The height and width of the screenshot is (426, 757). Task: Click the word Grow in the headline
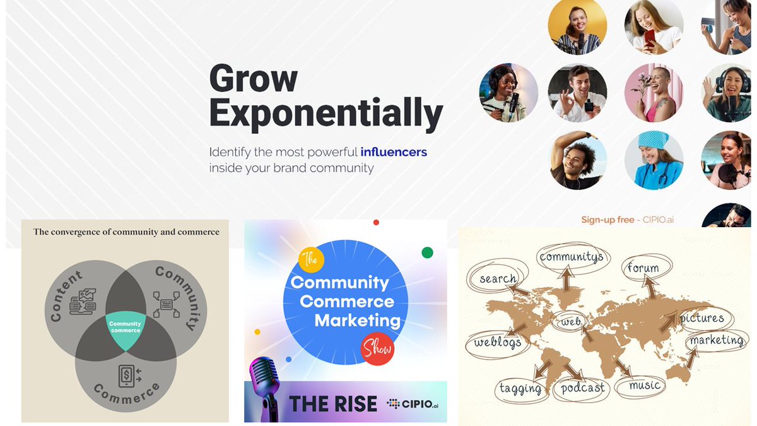coord(253,79)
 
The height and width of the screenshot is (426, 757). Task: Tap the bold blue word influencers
coord(394,152)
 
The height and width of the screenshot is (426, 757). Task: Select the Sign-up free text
coord(607,220)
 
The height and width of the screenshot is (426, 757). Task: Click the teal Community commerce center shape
coord(125,329)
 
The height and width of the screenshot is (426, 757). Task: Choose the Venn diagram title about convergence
coord(126,232)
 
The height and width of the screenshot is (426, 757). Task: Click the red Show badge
coord(377,348)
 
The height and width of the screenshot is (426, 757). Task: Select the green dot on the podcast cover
coord(427,253)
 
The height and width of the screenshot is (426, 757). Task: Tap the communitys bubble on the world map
coord(571,257)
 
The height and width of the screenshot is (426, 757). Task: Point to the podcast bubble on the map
coord(582,388)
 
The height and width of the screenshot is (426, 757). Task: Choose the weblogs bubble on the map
coord(498,343)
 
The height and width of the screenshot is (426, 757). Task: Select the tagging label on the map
coord(520,388)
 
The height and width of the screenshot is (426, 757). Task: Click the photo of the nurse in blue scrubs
coord(654,161)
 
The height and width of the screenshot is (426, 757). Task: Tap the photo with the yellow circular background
coord(577,27)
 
